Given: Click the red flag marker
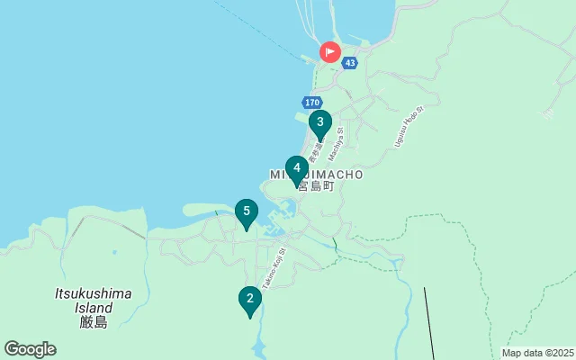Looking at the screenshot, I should tap(329, 52).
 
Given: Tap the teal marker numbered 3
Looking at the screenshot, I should tap(319, 123).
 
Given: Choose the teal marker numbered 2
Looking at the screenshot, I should tap(249, 299).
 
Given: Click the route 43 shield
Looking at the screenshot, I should tap(350, 63).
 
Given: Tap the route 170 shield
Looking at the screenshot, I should tap(311, 103).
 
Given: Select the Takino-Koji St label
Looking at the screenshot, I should tap(274, 268).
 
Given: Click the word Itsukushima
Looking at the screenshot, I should tap(94, 293).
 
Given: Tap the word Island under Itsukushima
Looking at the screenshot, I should tap(94, 307).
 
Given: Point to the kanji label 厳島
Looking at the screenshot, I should tap(94, 321).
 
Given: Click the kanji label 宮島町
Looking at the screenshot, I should tap(316, 186).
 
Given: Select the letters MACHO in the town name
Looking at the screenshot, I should tap(336, 174).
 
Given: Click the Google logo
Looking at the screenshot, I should tap(30, 349).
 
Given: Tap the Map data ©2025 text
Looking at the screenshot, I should tap(536, 353).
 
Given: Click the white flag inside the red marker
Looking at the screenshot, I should tap(330, 51).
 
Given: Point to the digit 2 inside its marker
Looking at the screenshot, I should tap(249, 297).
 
